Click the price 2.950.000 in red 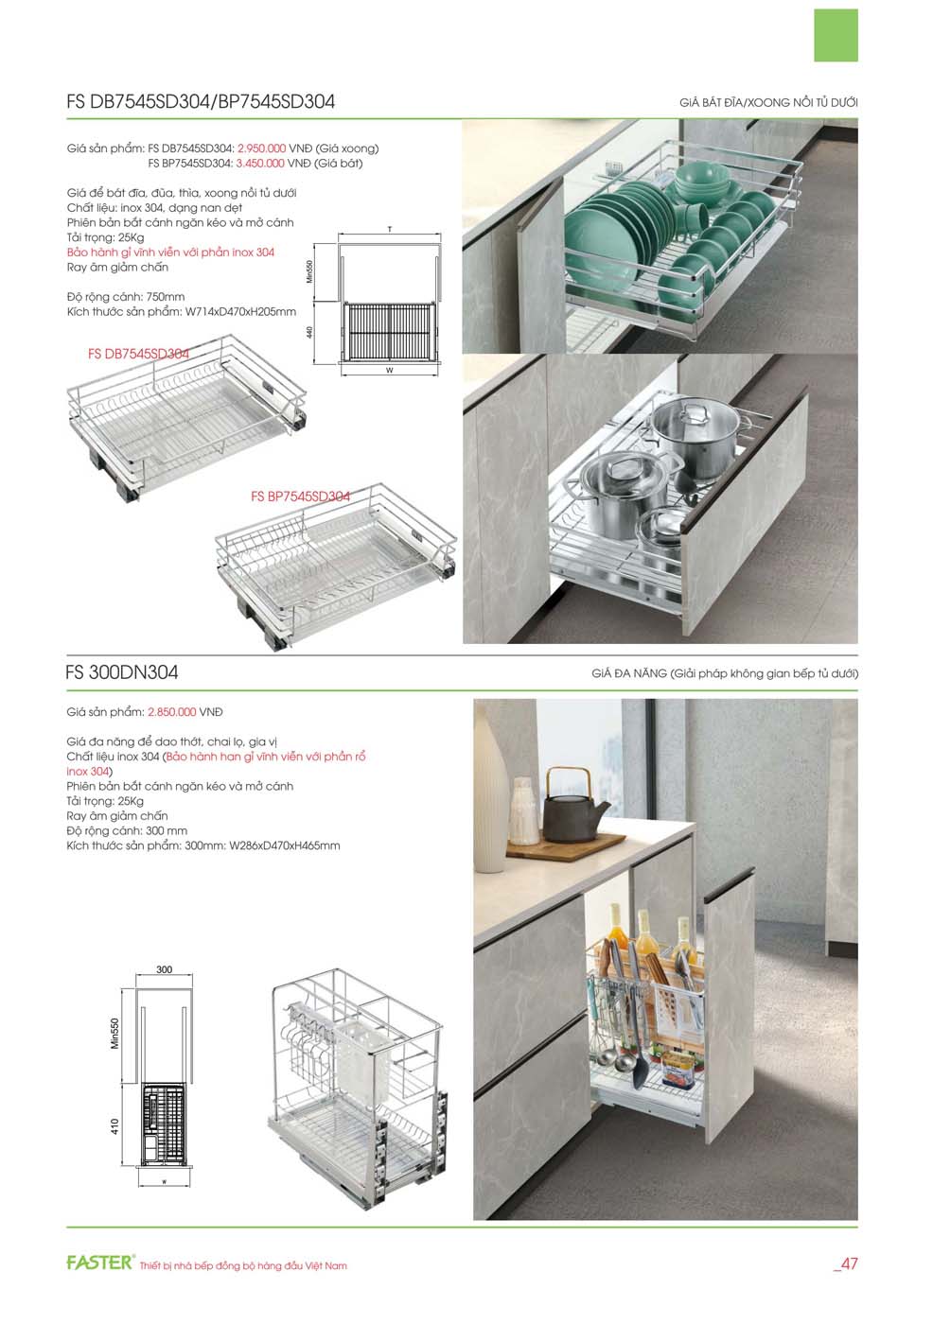(261, 148)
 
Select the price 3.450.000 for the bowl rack (260, 163)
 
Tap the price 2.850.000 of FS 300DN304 (171, 712)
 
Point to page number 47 (846, 1263)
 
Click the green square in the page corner (836, 36)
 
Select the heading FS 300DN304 (122, 672)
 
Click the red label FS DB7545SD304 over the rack (139, 354)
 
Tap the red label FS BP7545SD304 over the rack (300, 496)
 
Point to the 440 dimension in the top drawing (309, 333)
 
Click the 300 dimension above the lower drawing (165, 969)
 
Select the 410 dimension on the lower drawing (114, 1126)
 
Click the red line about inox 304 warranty (171, 253)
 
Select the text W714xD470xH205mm (240, 311)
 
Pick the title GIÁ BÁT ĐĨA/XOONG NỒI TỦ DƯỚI (768, 102)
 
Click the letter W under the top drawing (390, 371)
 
